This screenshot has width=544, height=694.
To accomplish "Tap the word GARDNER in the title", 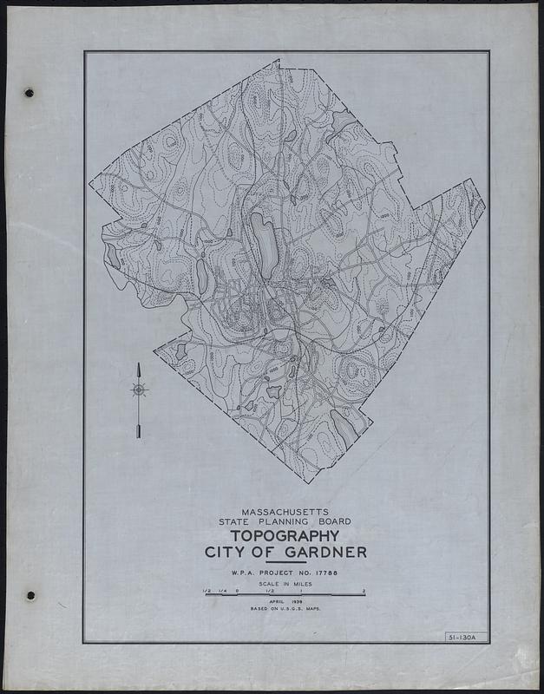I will click(x=325, y=553).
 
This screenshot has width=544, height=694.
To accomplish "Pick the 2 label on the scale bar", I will click(x=364, y=590).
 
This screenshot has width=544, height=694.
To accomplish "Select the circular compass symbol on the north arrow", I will click(x=138, y=390).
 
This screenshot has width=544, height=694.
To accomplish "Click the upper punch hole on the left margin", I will click(x=29, y=91).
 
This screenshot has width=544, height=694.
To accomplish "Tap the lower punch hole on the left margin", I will click(x=30, y=596).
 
